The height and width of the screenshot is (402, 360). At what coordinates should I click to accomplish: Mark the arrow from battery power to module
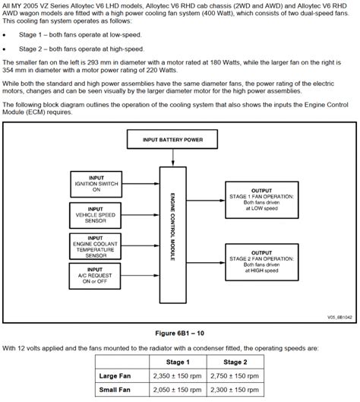[x=174, y=157]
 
